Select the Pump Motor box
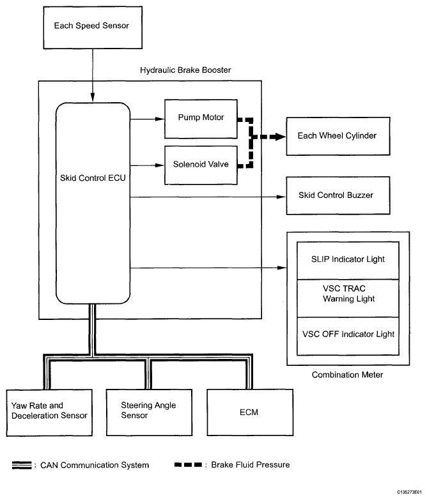pyautogui.click(x=201, y=118)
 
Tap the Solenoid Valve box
pyautogui.click(x=201, y=164)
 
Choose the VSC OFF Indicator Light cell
pyautogui.click(x=348, y=334)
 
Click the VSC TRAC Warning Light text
pyautogui.click(x=348, y=294)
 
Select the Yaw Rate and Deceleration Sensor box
pyautogui.click(x=47, y=411)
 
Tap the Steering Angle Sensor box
pyautogui.click(x=148, y=411)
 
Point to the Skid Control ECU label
pyautogui.click(x=93, y=178)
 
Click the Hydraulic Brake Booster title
pyautogui.click(x=185, y=69)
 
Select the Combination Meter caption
pyautogui.click(x=347, y=375)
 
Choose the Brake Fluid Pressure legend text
pyautogui.click(x=251, y=465)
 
